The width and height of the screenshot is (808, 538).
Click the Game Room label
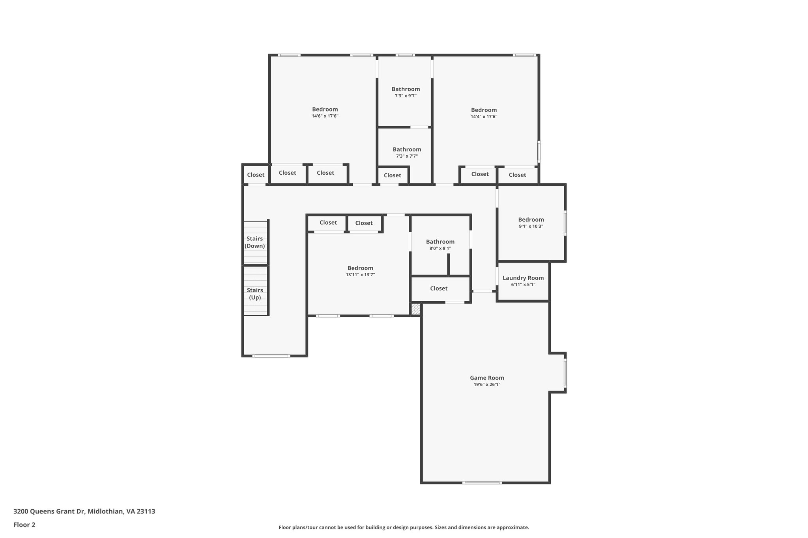(487, 378)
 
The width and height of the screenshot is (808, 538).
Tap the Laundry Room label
(523, 278)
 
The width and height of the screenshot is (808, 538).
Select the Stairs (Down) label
(255, 242)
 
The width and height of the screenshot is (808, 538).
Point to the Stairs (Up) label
(255, 294)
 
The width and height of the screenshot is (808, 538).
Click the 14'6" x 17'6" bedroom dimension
(325, 116)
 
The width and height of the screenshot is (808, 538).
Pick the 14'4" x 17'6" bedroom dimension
(484, 117)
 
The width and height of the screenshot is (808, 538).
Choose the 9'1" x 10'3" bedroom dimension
(531, 226)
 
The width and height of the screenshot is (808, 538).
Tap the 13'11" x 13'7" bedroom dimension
(360, 275)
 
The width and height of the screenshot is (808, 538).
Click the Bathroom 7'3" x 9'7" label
(406, 89)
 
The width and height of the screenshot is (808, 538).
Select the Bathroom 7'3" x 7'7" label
(407, 149)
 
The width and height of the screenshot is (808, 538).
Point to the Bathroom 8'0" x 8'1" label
(440, 242)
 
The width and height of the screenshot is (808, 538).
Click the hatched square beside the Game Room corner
(416, 309)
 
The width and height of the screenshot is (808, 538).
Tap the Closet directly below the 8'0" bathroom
(439, 289)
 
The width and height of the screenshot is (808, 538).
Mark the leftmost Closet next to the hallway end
(256, 175)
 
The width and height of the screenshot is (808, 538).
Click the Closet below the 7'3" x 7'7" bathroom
(392, 175)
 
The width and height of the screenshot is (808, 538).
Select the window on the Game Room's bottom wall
(482, 482)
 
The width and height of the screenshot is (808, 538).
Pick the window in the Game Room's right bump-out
(565, 372)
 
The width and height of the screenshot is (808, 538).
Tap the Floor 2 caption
(24, 525)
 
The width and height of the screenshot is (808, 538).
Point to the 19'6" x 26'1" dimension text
(487, 385)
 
